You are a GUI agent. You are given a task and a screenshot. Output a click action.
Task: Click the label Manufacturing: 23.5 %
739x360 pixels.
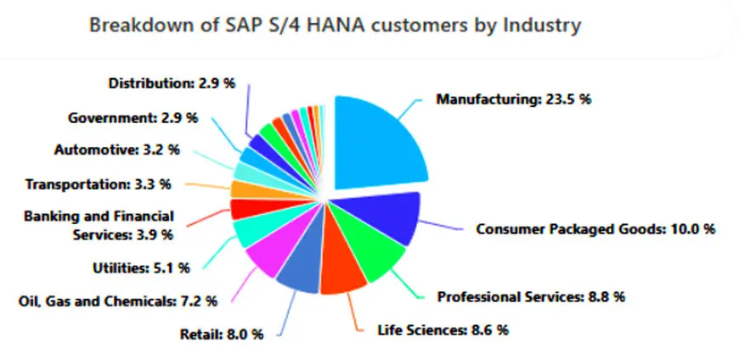513,99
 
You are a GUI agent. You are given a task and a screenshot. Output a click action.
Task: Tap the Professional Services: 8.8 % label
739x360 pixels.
531,297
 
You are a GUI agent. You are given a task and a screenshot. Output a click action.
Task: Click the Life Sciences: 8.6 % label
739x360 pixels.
443,330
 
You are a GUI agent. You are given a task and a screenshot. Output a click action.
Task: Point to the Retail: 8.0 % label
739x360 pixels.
221,334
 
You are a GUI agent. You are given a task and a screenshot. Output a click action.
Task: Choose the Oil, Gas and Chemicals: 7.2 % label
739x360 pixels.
118,301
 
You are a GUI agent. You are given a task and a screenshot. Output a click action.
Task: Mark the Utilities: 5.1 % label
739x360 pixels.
140,268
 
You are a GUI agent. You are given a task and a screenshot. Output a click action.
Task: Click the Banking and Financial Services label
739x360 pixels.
99,226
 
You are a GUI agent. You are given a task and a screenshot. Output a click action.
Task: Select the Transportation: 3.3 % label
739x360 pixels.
99,183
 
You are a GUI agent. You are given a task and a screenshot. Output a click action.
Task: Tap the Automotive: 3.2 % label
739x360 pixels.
116,149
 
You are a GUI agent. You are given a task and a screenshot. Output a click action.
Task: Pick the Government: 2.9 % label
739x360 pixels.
133,117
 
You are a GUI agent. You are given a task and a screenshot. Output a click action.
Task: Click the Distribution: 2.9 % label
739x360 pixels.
170,83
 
